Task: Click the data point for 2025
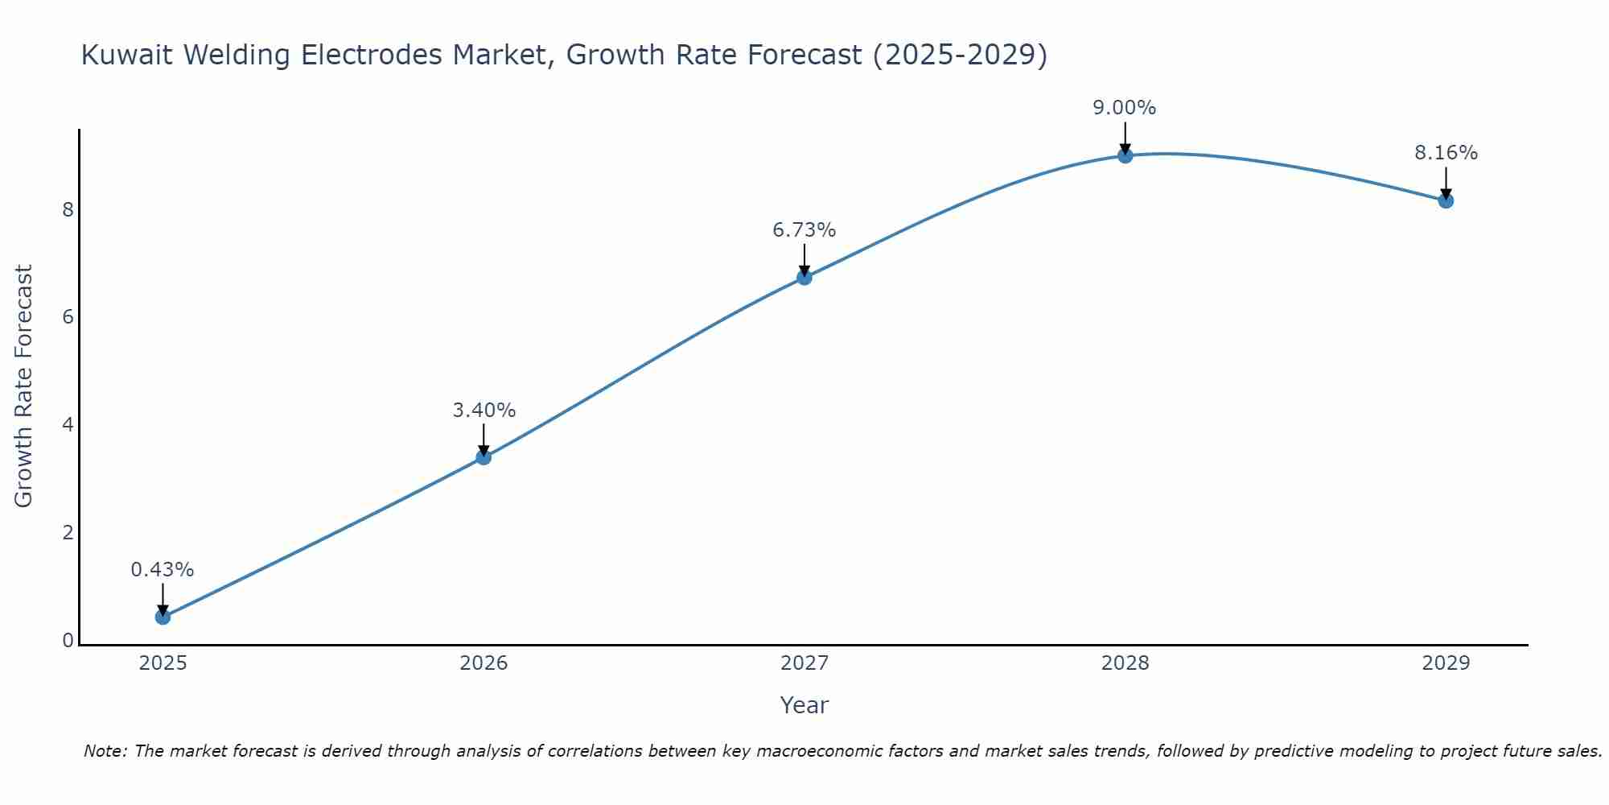pos(163,617)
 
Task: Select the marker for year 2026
pos(484,457)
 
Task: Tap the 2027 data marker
pos(804,278)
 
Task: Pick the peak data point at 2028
pos(1125,155)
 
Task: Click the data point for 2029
pos(1446,200)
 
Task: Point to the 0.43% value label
pos(163,570)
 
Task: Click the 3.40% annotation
pos(484,411)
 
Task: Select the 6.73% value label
pos(804,230)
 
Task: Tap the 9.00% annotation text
pos(1124,108)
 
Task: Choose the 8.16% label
pos(1446,153)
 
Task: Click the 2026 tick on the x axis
pos(484,663)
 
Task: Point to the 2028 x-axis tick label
pos(1125,663)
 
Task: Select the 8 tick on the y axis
pos(68,210)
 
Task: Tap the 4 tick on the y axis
pos(68,425)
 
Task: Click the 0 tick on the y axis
pos(68,641)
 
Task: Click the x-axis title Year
pos(804,705)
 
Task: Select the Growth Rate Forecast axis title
pos(24,386)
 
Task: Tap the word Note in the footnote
pos(105,751)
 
